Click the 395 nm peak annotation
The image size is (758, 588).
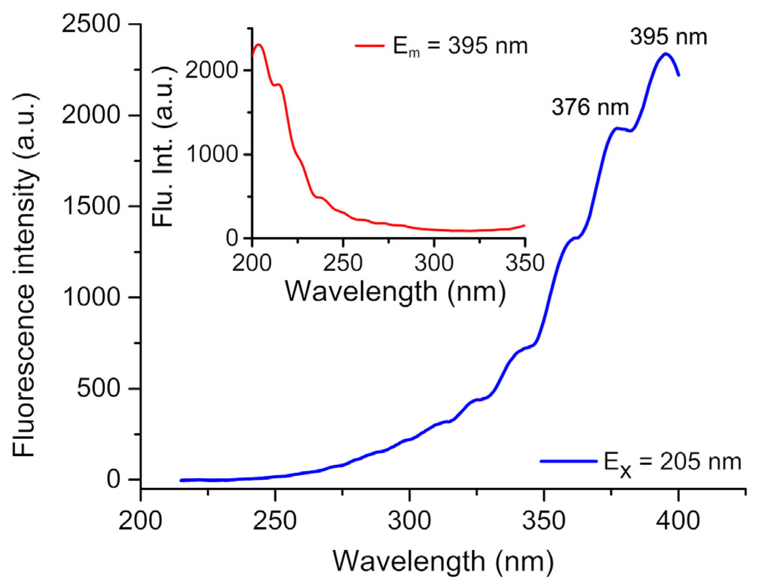(x=668, y=37)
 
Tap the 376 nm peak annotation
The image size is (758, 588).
(x=590, y=107)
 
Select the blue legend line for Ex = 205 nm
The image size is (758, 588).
(x=568, y=461)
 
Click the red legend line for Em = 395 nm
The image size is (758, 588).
(x=370, y=46)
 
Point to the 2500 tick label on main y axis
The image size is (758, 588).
(x=91, y=24)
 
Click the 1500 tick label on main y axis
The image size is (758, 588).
(x=91, y=206)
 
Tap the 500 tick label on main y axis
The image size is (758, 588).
(x=98, y=388)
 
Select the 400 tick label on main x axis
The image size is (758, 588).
(x=678, y=521)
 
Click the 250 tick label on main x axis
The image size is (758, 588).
(x=275, y=521)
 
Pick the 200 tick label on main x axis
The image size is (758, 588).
(x=140, y=521)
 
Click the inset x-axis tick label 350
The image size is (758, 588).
(x=525, y=263)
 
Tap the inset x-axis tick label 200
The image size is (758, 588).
(x=252, y=263)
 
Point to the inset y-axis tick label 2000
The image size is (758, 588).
(x=211, y=71)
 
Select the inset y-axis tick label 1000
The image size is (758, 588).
(x=211, y=154)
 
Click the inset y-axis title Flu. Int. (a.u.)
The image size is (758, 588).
(x=163, y=146)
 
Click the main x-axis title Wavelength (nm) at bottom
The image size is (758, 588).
(x=443, y=562)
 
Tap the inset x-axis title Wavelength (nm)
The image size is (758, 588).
(x=395, y=292)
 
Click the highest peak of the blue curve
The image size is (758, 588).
(x=666, y=54)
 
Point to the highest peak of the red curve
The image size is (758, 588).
(x=259, y=45)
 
